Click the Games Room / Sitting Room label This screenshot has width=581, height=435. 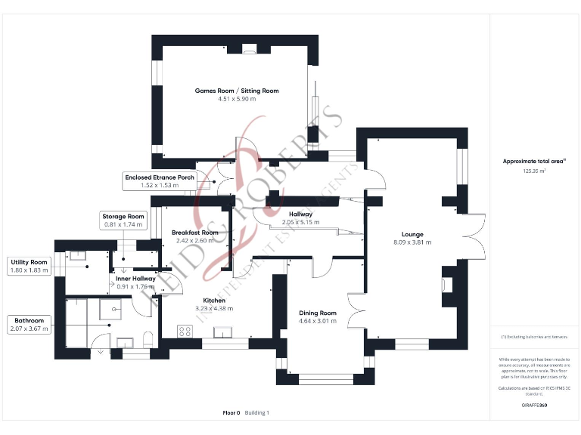[x=237, y=91]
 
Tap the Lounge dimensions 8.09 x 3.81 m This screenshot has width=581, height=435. [x=412, y=242]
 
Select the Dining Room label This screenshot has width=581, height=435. [x=318, y=313]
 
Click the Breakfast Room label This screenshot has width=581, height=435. [x=194, y=233]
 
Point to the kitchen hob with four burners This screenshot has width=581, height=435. [x=184, y=331]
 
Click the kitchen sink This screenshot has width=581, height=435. [x=225, y=332]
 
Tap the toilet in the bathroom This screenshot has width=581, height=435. [x=148, y=337]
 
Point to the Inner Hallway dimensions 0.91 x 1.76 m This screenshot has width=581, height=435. [x=136, y=287]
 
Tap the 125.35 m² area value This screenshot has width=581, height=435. [x=534, y=171]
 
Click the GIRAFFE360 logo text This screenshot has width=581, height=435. [x=534, y=406]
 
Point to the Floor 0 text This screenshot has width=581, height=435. [x=231, y=413]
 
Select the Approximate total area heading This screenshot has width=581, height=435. [x=534, y=161]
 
